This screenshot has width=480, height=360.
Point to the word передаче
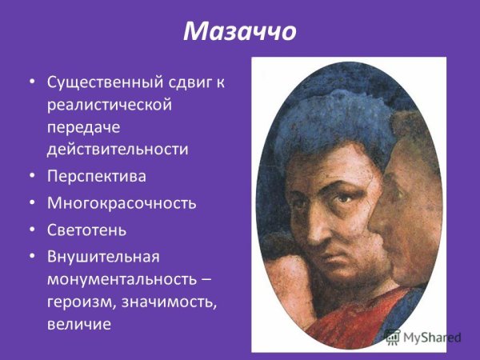(81, 126)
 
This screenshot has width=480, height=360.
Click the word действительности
(117, 149)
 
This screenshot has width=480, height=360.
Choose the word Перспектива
(97, 176)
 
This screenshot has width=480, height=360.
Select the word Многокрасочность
(121, 203)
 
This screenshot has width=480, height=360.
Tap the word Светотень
(87, 230)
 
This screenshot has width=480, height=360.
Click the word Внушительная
(103, 257)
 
